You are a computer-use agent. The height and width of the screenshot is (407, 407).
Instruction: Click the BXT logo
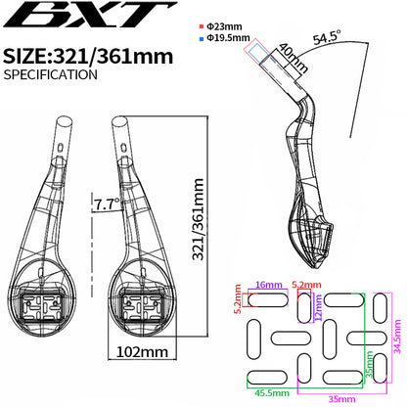tap(90, 15)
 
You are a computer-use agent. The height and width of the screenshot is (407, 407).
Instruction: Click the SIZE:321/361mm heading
tap(88, 56)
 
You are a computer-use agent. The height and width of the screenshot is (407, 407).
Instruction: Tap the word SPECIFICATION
tap(51, 74)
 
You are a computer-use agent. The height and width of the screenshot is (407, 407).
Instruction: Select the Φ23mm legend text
tap(225, 26)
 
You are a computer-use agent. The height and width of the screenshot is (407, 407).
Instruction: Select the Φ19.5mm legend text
tap(228, 37)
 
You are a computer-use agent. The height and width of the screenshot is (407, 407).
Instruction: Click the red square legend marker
tap(202, 26)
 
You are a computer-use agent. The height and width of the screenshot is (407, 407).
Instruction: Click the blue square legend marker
tap(202, 38)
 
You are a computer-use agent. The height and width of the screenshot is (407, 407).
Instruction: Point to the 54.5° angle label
tap(328, 36)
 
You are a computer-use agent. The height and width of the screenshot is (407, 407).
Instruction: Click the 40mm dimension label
tap(294, 58)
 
